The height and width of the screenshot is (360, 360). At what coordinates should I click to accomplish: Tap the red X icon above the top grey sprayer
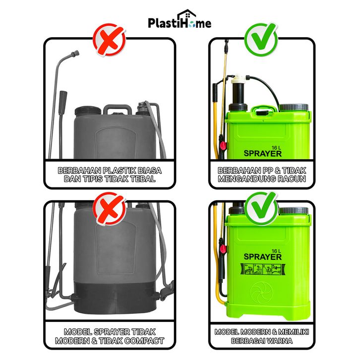pos(109,40)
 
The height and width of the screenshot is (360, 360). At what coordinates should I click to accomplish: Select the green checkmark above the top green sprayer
pos(261,39)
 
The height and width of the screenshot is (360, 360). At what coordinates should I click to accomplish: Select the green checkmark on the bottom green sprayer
pos(261,208)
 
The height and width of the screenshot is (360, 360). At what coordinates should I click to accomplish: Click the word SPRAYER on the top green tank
pos(263,153)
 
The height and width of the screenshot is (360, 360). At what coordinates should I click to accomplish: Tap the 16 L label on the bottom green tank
pos(276,251)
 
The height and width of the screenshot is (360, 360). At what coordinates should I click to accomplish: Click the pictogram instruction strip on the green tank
pos(263,269)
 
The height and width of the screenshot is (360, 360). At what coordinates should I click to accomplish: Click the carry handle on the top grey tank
pos(118,109)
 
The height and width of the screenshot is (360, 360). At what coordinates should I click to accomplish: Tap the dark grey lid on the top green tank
pos(294,108)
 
